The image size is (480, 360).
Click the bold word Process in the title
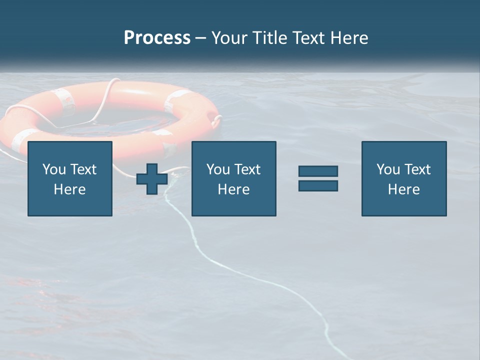pos(157,38)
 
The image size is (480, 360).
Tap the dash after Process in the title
pos(200,38)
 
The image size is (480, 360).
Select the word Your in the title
pos(231,38)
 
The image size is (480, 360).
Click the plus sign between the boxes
pos(152,178)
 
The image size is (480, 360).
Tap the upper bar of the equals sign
pos(318,171)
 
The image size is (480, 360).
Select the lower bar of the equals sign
pos(318,186)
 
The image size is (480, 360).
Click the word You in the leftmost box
pos(53,169)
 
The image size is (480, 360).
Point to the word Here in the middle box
pos(234,189)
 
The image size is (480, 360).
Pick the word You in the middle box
pos(217,169)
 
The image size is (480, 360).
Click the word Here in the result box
pos(404,189)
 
